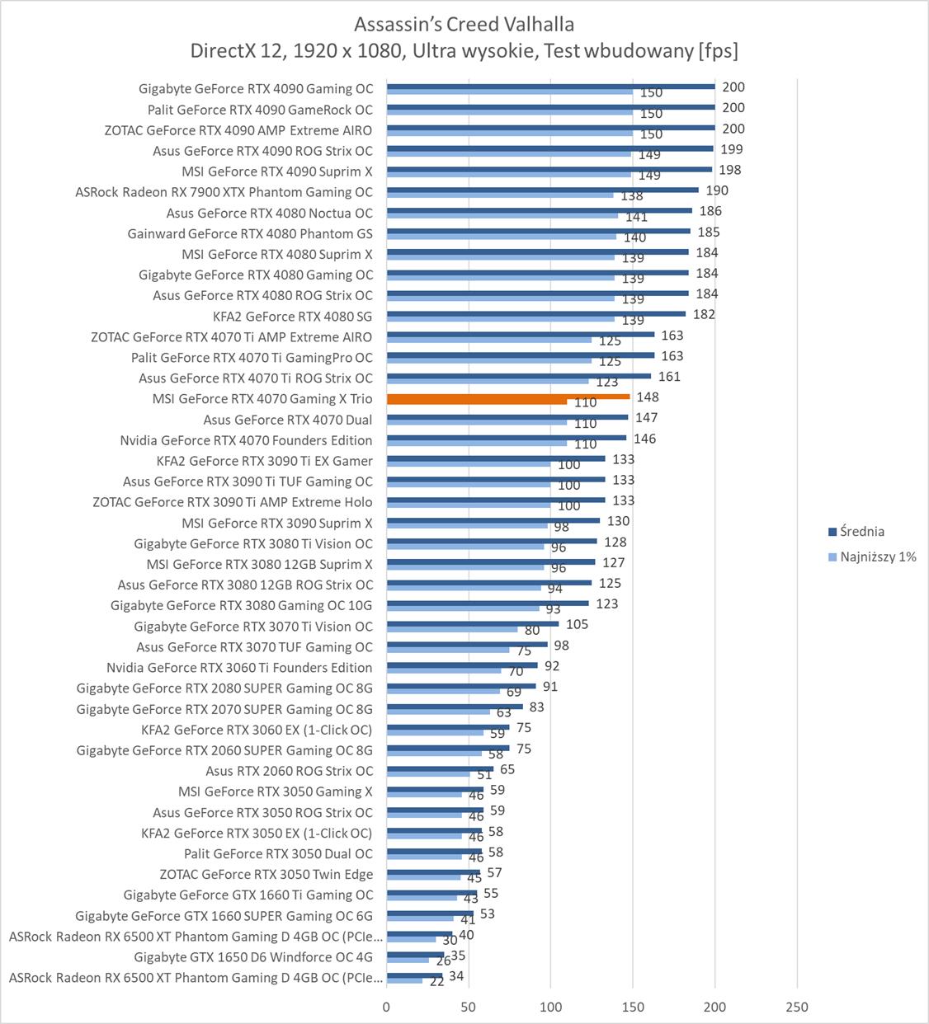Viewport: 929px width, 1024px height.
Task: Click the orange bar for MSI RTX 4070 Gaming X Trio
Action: (507, 397)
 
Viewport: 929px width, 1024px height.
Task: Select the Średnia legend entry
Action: (861, 532)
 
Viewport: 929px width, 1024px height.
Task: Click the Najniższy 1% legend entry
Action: (877, 557)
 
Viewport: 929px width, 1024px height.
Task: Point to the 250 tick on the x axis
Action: (797, 1007)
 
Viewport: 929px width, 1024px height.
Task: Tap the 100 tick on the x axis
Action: (550, 1007)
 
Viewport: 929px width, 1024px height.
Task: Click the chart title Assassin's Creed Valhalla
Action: (464, 23)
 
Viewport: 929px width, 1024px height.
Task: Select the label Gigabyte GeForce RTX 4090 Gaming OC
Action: (256, 89)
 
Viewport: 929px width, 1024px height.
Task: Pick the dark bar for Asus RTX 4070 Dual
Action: (507, 417)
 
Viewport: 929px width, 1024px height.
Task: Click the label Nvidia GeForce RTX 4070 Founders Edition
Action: (246, 440)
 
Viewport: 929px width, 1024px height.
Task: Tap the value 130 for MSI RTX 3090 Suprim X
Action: (618, 521)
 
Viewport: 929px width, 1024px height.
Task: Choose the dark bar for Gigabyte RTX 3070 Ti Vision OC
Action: (472, 623)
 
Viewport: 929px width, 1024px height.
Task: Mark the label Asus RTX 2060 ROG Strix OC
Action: (290, 771)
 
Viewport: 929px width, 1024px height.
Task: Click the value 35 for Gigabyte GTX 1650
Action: (458, 956)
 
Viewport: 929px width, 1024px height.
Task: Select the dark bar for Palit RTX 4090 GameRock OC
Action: (550, 106)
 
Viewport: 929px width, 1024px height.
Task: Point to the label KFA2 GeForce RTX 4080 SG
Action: (292, 317)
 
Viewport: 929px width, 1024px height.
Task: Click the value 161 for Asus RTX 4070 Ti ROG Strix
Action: (669, 377)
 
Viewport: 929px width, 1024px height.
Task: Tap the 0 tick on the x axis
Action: (386, 1007)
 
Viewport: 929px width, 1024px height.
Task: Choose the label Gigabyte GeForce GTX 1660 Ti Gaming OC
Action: (248, 895)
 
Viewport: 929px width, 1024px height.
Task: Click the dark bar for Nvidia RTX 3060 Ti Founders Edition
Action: (462, 665)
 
